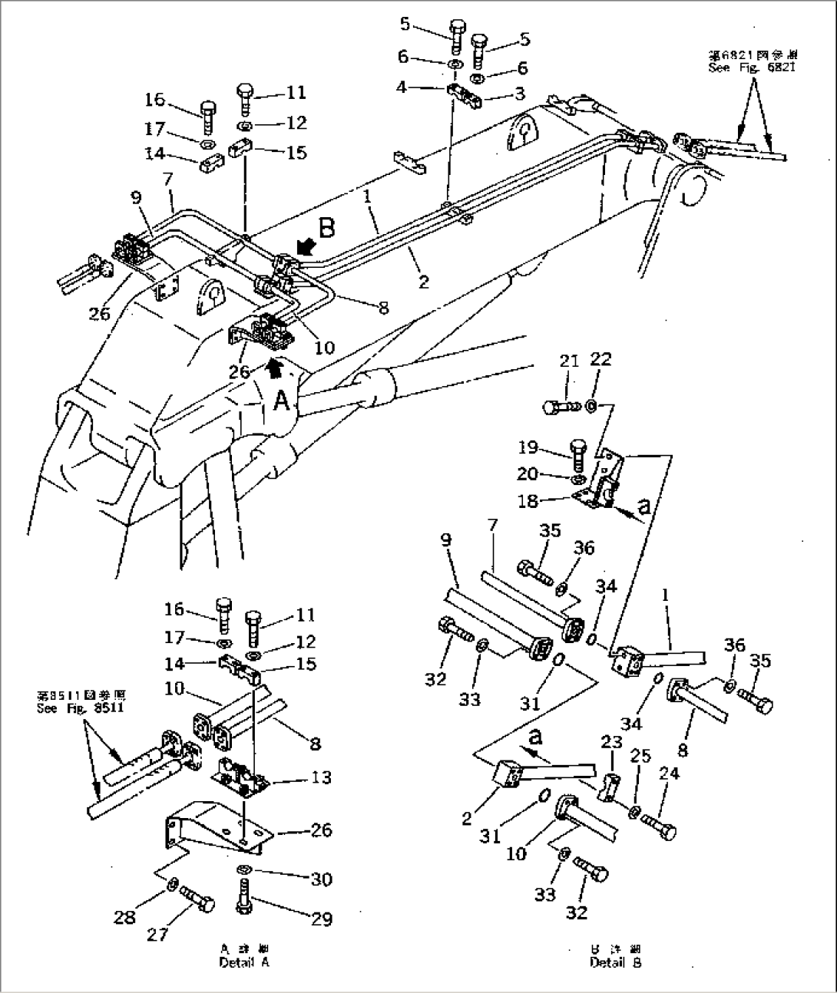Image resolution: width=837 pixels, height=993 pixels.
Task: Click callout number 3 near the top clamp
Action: tap(519, 94)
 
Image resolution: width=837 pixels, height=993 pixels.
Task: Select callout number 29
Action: tap(323, 919)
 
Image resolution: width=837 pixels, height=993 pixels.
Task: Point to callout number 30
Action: tap(323, 879)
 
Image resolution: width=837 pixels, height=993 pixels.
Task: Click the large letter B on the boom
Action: tap(327, 228)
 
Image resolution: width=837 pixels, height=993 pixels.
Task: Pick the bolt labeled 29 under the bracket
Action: tap(243, 899)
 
